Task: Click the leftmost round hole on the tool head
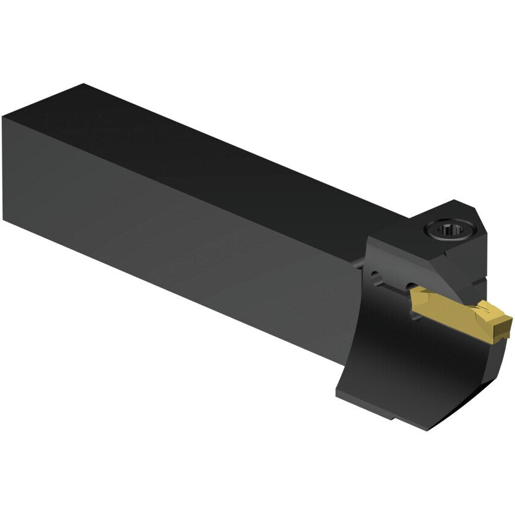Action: pyautogui.click(x=376, y=277)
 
